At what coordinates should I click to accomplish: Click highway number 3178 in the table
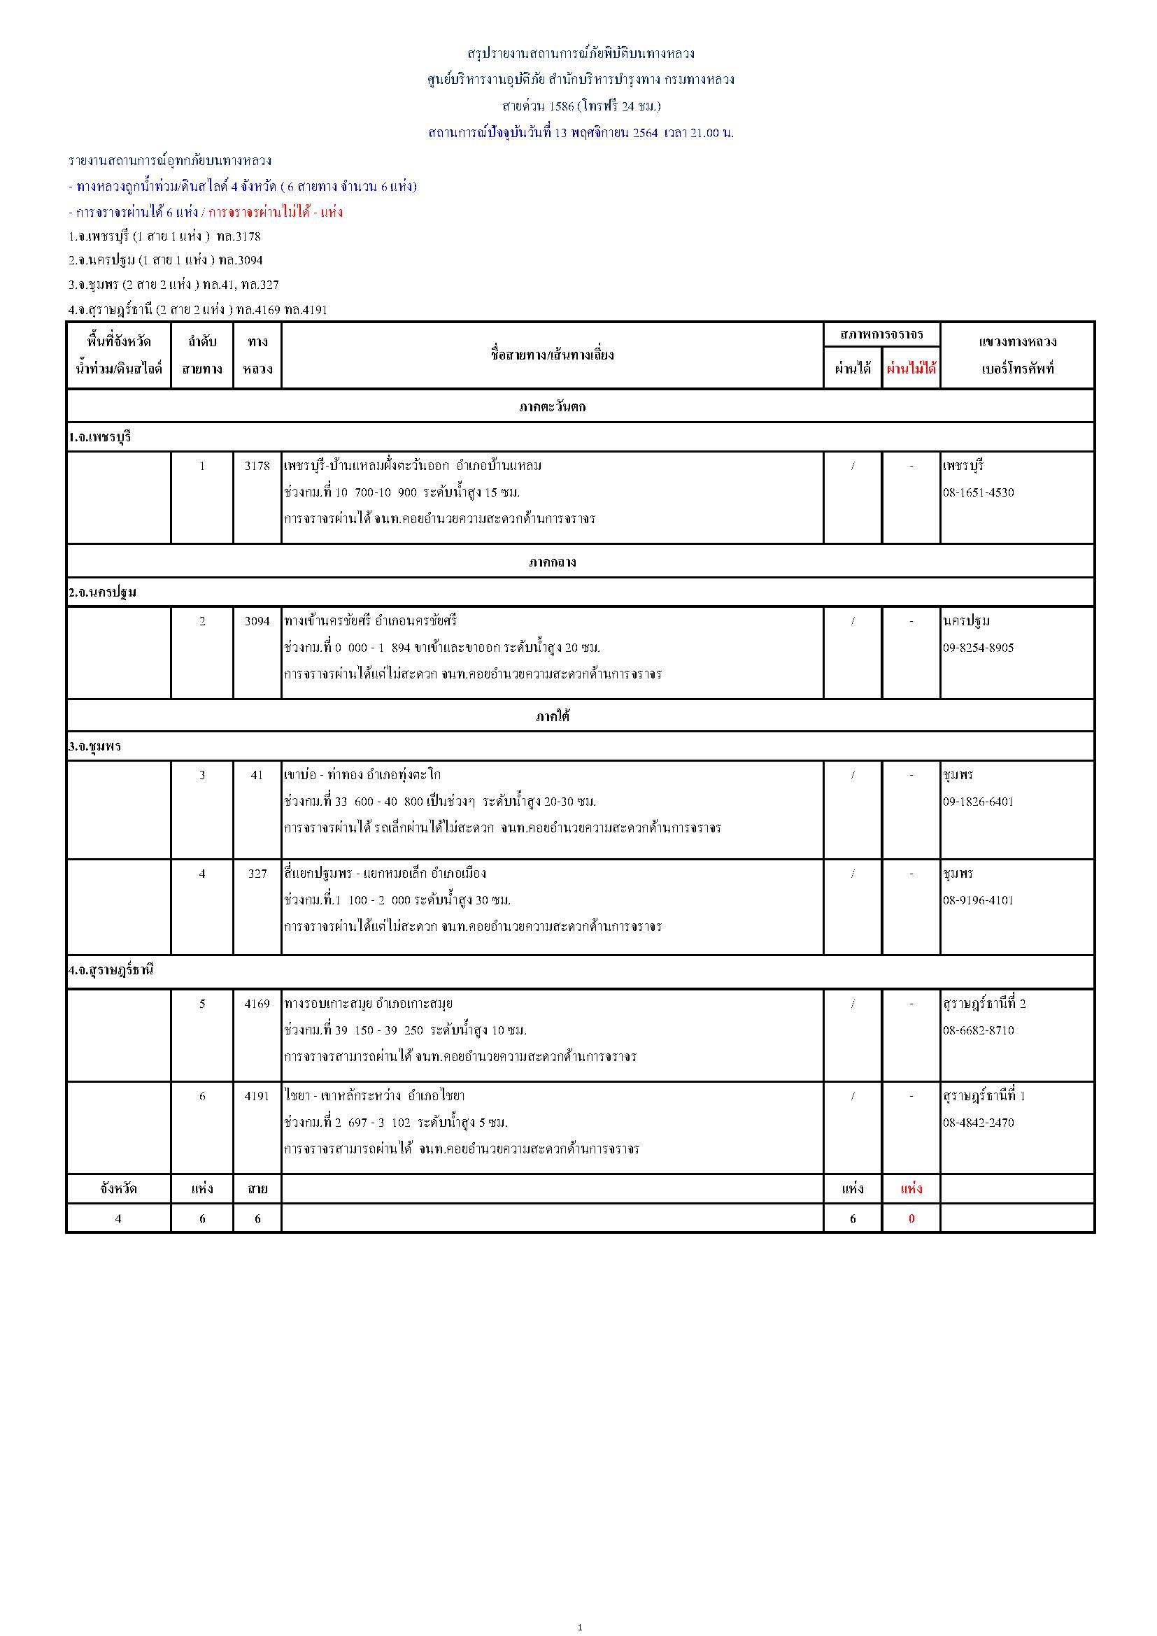click(x=257, y=466)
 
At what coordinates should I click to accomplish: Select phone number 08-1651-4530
click(x=978, y=492)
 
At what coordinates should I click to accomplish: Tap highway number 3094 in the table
click(x=257, y=621)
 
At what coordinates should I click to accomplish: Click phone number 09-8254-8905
click(x=978, y=648)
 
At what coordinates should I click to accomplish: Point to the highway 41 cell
click(x=257, y=775)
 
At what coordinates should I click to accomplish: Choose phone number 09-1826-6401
click(x=978, y=802)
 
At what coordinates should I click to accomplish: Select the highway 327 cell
click(x=257, y=874)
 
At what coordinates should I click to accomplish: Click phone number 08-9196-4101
click(x=978, y=900)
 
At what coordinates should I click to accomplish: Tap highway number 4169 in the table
click(x=257, y=1004)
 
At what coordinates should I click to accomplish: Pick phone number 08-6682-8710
click(x=978, y=1030)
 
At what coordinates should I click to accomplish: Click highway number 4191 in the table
click(x=257, y=1096)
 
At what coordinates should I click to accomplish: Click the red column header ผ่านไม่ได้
click(x=911, y=369)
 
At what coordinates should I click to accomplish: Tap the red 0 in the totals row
click(x=911, y=1218)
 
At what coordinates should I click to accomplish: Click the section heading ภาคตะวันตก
click(x=552, y=407)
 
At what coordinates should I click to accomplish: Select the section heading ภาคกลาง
click(x=552, y=562)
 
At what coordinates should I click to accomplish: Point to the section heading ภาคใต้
click(x=552, y=717)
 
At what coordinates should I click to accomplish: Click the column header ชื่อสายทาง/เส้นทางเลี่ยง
click(x=552, y=355)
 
